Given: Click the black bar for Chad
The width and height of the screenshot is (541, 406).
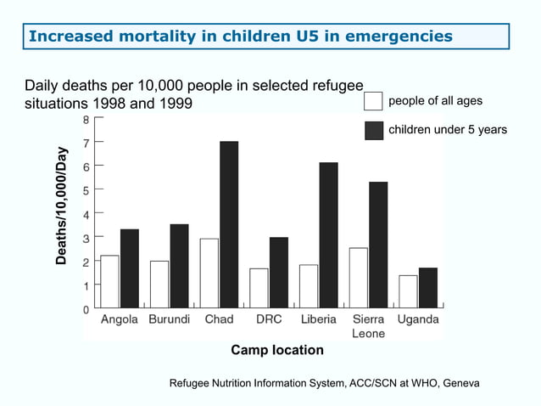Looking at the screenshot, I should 229,224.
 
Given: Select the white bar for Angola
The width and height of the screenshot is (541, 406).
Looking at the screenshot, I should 109,281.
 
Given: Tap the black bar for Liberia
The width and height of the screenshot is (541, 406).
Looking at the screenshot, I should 328,234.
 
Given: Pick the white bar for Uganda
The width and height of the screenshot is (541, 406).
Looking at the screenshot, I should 408,291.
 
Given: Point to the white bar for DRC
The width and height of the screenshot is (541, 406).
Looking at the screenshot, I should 259,288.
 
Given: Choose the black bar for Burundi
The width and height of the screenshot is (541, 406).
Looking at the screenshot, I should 179,266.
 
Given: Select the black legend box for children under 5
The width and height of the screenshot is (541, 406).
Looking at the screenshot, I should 373,130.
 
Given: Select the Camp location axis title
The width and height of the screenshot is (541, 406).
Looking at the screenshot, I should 277,350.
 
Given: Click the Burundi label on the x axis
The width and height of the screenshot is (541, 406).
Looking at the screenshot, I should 170,320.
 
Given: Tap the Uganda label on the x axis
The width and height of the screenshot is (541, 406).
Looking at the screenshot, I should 418,320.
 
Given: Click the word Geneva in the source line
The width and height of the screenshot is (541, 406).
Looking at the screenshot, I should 460,384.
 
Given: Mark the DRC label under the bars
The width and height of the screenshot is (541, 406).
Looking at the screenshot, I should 269,320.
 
